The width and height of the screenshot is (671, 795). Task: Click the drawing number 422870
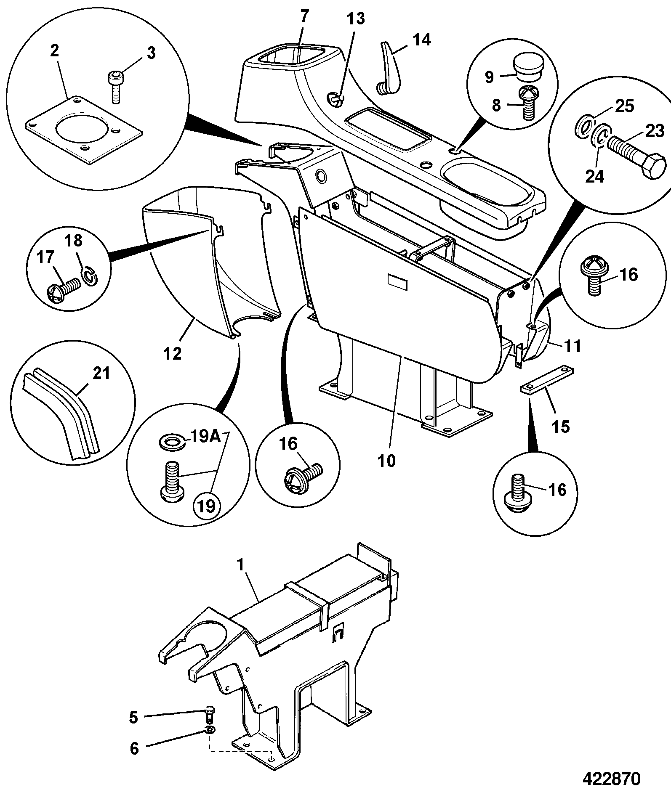coord(611,779)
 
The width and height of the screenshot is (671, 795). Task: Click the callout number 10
coord(387,461)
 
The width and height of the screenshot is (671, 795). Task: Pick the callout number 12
coord(173,353)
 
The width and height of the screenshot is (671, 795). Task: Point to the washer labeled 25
coord(583,126)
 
